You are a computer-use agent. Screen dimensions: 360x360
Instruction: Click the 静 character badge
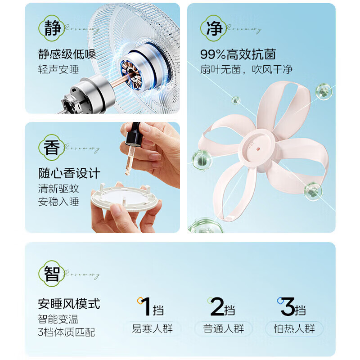(52, 28)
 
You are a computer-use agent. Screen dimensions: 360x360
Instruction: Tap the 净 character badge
(214, 28)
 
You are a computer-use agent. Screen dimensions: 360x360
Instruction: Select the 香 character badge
(52, 148)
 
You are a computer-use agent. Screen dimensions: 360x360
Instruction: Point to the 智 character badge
(52, 274)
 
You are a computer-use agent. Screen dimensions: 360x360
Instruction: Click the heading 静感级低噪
(67, 55)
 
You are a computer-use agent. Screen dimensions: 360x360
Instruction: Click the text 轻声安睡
(58, 70)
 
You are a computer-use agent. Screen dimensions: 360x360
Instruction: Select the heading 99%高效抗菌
(238, 55)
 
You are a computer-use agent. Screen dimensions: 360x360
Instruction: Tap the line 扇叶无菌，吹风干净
(246, 69)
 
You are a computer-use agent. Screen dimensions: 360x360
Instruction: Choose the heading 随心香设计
(69, 173)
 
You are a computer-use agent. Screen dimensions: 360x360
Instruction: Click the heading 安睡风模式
(69, 304)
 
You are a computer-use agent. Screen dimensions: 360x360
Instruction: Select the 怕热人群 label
(294, 328)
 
